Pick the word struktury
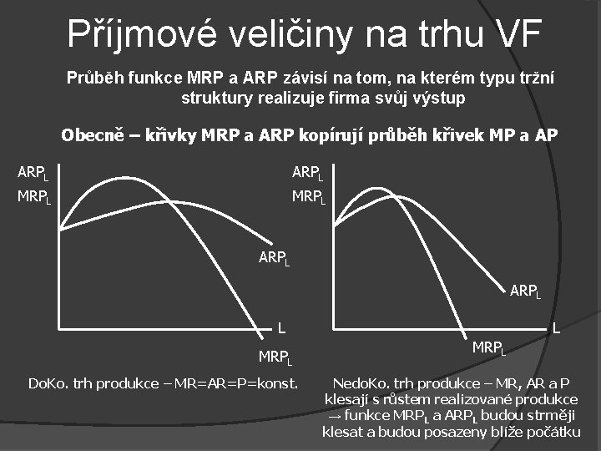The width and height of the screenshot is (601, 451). click(217, 98)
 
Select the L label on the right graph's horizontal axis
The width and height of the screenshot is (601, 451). click(554, 329)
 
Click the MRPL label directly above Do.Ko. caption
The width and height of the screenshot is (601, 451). click(275, 358)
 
